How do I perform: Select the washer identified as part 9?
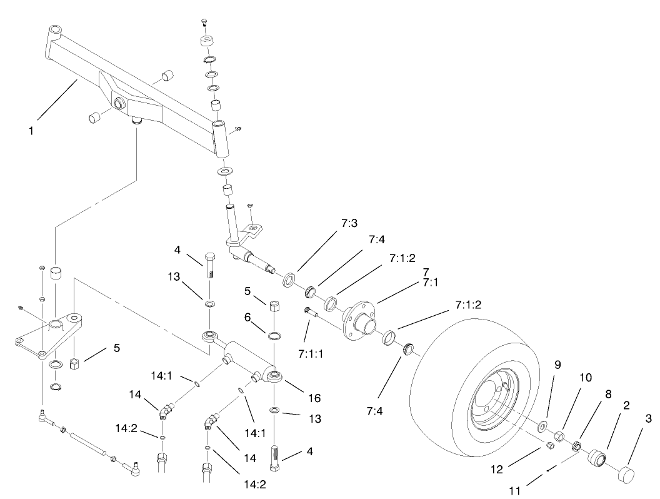point(543,428)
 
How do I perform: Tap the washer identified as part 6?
point(274,336)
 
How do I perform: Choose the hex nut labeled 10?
point(561,436)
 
